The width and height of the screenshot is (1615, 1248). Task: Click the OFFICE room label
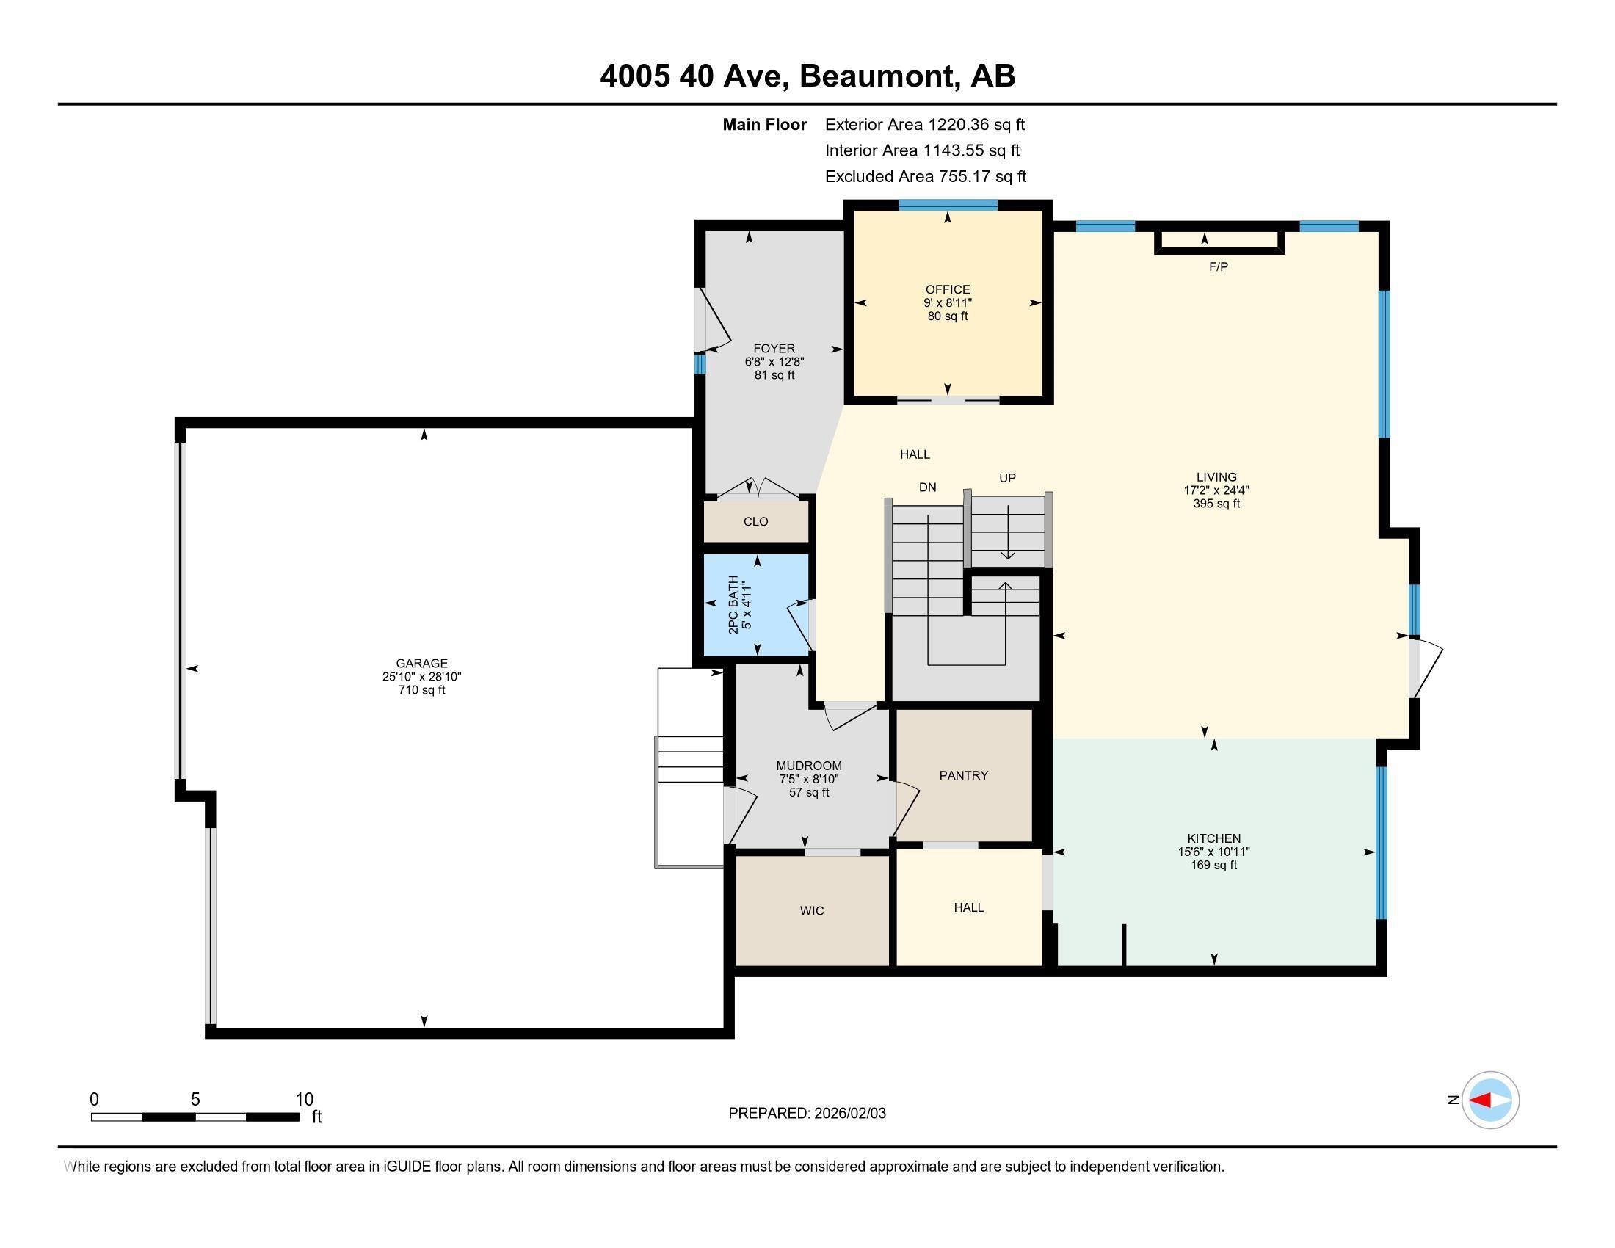947,289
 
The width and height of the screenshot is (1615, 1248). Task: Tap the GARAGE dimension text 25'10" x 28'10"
421,677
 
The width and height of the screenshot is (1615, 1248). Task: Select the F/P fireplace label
1218,267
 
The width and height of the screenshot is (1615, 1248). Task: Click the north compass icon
1490,1100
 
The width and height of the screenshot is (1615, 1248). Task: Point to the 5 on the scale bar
195,1099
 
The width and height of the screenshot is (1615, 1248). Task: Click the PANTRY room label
964,774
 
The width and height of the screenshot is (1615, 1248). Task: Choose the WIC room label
811,910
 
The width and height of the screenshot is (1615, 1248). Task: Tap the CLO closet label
755,521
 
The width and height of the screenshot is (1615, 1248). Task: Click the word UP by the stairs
1007,478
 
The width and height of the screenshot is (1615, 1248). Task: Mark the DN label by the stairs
927,487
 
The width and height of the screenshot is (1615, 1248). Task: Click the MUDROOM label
808,765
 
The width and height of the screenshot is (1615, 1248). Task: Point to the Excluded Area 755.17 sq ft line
925,176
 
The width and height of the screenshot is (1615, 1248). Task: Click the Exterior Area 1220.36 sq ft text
924,124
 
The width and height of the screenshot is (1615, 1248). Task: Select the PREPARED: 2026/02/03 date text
807,1113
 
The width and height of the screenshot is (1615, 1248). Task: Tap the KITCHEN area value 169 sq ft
1213,864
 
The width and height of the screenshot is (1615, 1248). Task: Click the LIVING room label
1216,477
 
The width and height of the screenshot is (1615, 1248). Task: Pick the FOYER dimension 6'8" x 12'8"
774,361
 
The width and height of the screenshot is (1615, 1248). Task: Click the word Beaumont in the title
876,76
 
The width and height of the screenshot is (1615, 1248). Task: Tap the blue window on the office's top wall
947,205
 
